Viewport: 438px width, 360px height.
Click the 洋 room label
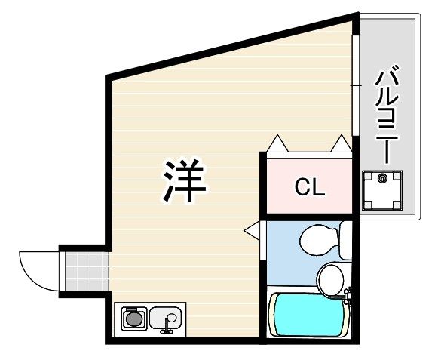point(185,180)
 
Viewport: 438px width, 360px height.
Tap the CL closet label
point(310,187)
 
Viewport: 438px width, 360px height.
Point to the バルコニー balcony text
point(387,114)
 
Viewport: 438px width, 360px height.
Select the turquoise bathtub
point(308,314)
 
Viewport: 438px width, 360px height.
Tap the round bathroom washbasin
point(331,280)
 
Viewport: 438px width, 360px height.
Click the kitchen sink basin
point(165,318)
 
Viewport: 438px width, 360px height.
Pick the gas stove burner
point(134,319)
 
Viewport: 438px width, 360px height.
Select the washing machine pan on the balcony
point(382,190)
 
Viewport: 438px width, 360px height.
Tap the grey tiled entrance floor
point(87,272)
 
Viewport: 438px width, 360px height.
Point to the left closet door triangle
point(277,143)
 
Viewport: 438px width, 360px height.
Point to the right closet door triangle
point(341,143)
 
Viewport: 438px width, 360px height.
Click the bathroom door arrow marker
point(252,230)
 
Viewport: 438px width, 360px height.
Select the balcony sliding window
point(355,85)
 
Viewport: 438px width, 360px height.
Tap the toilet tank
point(346,240)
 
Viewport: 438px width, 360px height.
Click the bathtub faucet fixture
point(348,296)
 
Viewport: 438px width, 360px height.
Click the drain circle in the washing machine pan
point(382,177)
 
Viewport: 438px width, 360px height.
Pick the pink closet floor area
point(309,186)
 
